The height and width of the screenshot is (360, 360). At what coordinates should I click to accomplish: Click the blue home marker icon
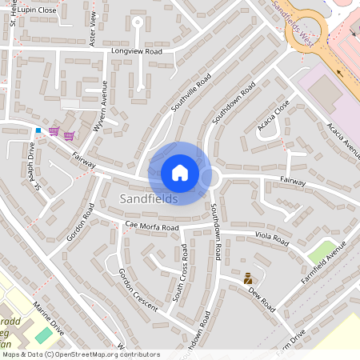[180, 173]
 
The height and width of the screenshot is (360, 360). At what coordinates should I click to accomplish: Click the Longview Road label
[138, 51]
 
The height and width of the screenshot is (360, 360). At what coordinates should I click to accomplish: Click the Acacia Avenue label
[344, 141]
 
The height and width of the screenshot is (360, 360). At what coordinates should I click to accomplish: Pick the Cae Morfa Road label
[151, 227]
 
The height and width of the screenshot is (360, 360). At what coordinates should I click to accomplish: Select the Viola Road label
[272, 238]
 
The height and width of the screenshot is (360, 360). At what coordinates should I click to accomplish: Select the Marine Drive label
[47, 318]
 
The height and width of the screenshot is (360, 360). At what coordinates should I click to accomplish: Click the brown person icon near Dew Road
[248, 278]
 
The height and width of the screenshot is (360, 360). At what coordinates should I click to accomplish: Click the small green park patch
[322, 250]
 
